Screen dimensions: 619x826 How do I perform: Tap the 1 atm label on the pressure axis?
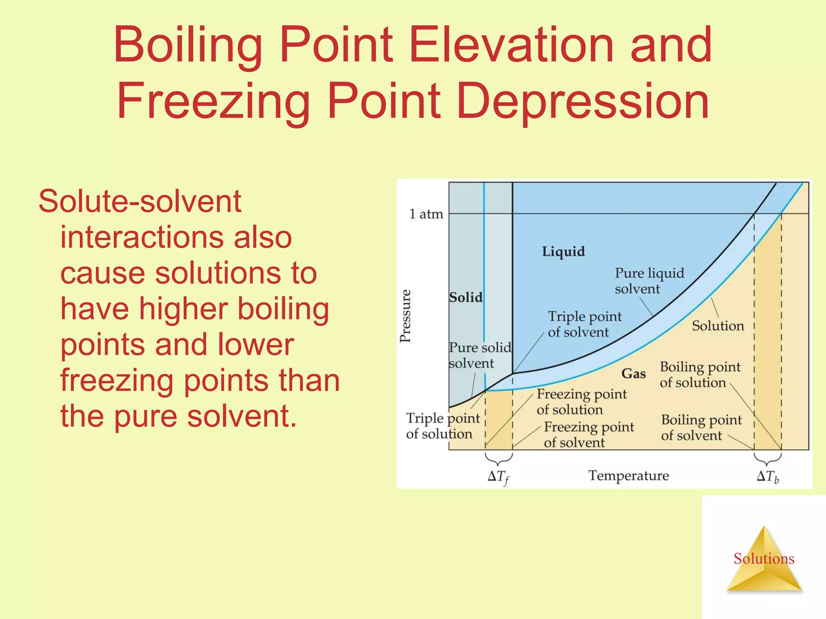426,214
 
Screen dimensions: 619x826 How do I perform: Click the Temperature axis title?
628,476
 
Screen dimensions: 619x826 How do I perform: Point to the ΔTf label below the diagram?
499,477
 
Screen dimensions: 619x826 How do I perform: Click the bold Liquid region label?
563,251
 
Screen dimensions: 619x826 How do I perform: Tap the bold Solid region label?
466,297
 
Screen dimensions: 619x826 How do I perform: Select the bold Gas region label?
634,374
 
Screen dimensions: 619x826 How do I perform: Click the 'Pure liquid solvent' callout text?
649,281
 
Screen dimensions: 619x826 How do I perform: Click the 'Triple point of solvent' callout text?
584,324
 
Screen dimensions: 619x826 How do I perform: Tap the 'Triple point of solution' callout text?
442,426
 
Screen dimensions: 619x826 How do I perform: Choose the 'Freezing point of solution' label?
581,401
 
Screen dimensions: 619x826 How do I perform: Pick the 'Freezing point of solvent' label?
588,434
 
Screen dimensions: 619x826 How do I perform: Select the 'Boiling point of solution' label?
700,374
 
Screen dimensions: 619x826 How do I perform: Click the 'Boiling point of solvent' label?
701,428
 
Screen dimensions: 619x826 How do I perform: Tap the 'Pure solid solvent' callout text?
480,355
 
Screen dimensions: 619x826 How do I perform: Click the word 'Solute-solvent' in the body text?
140,201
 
